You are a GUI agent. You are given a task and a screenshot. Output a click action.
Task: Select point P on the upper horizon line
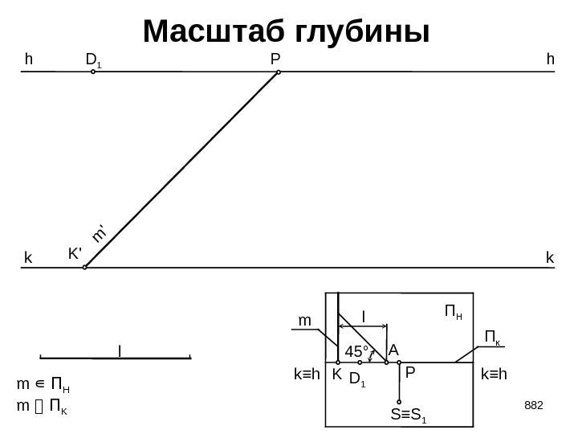tap(279, 72)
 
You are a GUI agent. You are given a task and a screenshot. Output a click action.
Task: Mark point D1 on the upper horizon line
tap(93, 72)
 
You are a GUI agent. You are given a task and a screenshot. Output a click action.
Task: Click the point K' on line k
tap(85, 268)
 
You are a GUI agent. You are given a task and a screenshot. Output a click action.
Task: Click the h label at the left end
tap(30, 59)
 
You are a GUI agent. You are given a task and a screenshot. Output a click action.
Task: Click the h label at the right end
tap(549, 59)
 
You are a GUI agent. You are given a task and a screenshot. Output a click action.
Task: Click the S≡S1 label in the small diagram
tap(409, 416)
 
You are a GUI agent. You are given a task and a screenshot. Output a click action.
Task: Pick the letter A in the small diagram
tap(393, 350)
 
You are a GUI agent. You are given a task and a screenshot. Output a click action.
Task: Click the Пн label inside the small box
tap(454, 310)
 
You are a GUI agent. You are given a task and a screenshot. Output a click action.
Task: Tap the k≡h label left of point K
tap(307, 375)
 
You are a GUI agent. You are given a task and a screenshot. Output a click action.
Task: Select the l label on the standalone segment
tap(120, 351)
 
